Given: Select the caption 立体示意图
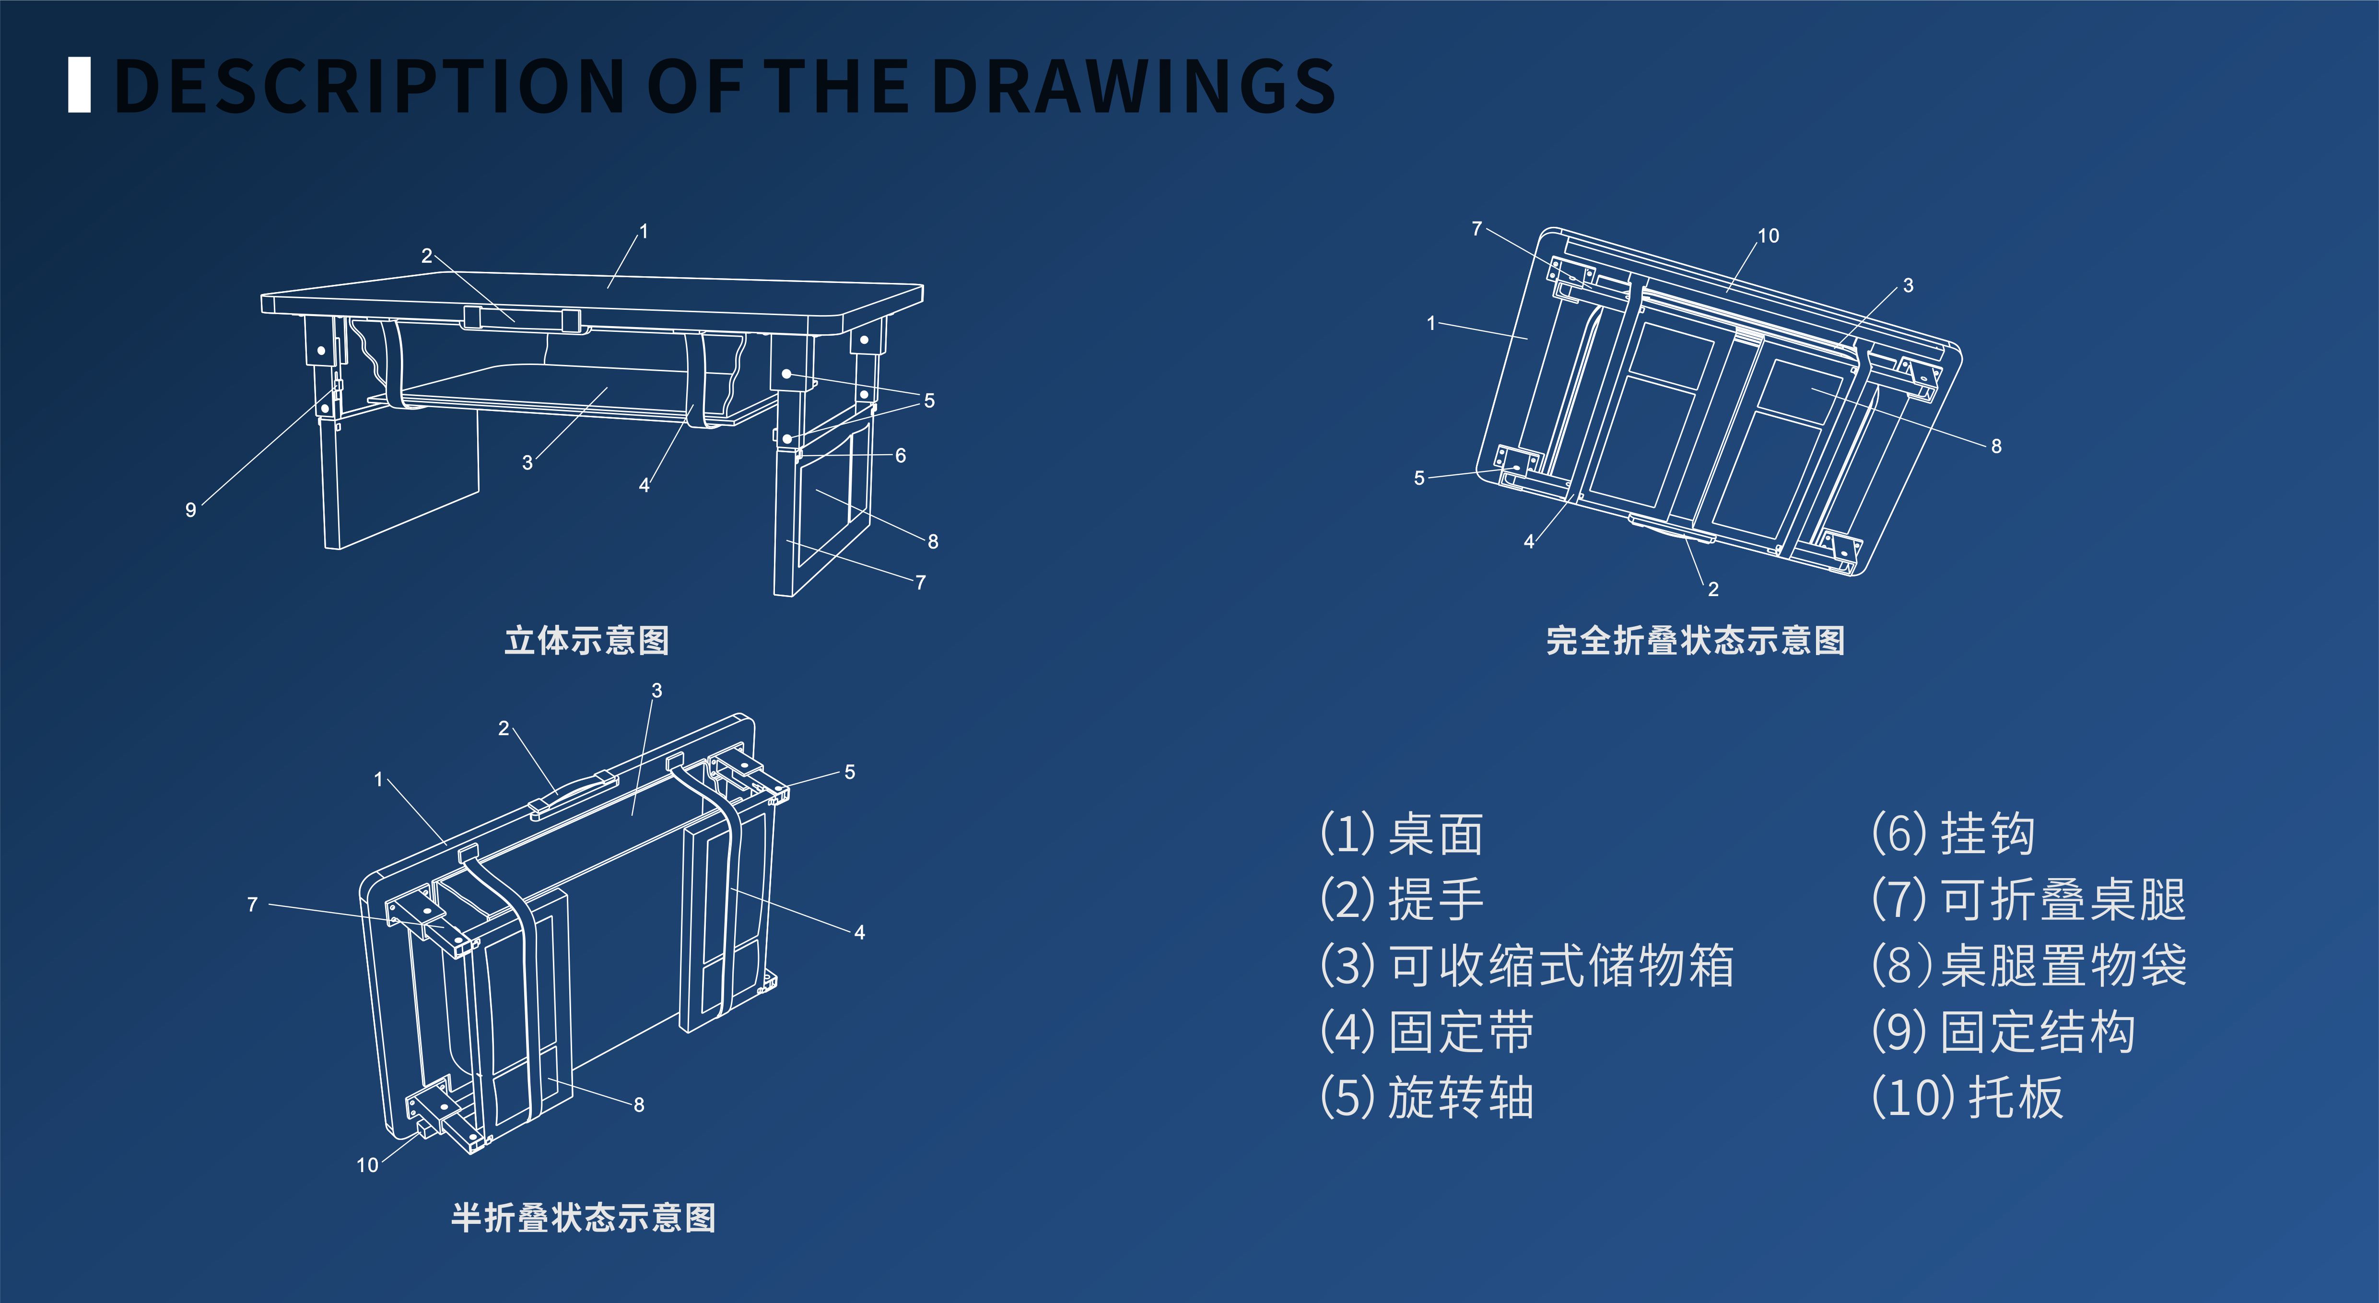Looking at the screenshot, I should pyautogui.click(x=586, y=640).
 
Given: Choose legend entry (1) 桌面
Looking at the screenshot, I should pyautogui.click(x=1401, y=834).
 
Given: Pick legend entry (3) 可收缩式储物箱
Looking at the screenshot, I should pyautogui.click(x=1526, y=966).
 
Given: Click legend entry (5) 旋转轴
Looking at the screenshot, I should pyautogui.click(x=1427, y=1098).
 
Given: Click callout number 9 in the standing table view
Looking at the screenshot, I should pyautogui.click(x=190, y=510).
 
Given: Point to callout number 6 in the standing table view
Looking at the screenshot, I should pyautogui.click(x=901, y=455).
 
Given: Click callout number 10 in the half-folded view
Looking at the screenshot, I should pyautogui.click(x=367, y=1165).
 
